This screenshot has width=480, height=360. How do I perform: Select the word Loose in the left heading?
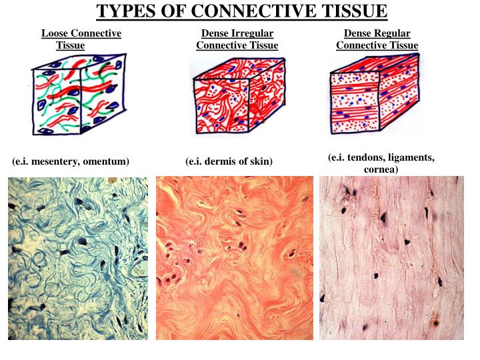click(x=55, y=33)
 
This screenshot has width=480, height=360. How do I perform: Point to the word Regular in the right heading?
click(x=393, y=33)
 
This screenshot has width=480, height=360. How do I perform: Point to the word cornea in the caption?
click(x=381, y=169)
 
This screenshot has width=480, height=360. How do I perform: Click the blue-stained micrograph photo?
click(x=79, y=258)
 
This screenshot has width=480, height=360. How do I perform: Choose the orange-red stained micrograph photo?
click(x=235, y=258)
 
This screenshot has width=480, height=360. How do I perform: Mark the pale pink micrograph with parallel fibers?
click(x=391, y=258)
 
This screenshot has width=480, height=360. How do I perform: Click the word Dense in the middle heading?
click(x=215, y=33)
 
